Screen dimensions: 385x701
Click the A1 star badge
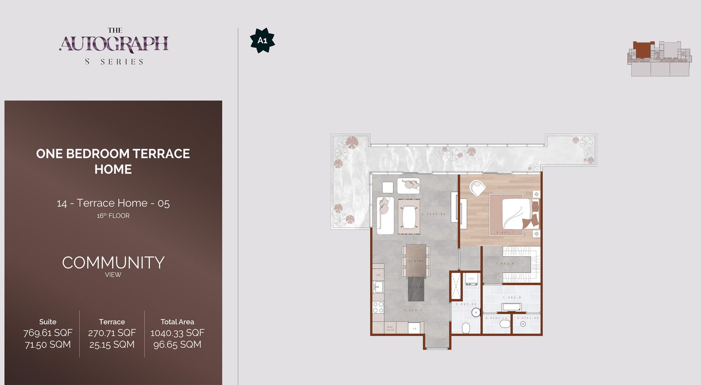point(262,40)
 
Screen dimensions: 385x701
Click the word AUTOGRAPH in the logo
point(114,44)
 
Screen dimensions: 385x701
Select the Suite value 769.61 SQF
point(48,333)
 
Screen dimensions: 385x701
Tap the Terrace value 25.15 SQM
point(112,345)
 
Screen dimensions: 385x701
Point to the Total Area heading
point(177,322)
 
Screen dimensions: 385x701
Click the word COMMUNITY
point(113,263)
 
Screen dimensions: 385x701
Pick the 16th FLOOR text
point(113,216)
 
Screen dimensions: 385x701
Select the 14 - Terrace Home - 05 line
point(113,203)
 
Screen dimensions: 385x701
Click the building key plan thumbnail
point(660,58)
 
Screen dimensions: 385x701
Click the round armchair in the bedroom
point(478,188)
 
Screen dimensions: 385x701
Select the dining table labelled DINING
point(416,261)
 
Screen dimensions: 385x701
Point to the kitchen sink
point(378,287)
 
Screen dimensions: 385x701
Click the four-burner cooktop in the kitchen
point(378,307)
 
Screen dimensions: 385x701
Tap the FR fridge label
point(414,328)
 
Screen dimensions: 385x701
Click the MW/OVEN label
point(390,328)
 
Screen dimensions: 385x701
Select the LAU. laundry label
point(471,278)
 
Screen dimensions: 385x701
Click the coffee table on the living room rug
point(409,217)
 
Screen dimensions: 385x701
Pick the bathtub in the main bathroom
point(511,307)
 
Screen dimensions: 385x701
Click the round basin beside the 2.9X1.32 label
point(476,312)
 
